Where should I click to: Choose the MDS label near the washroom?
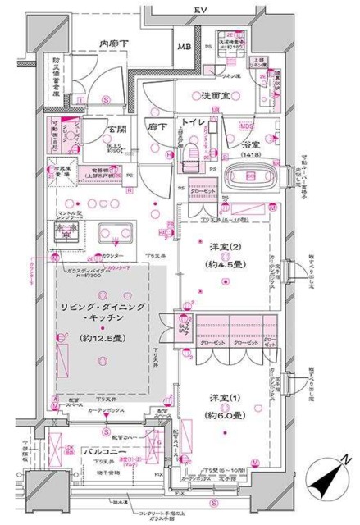pos(246,126)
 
